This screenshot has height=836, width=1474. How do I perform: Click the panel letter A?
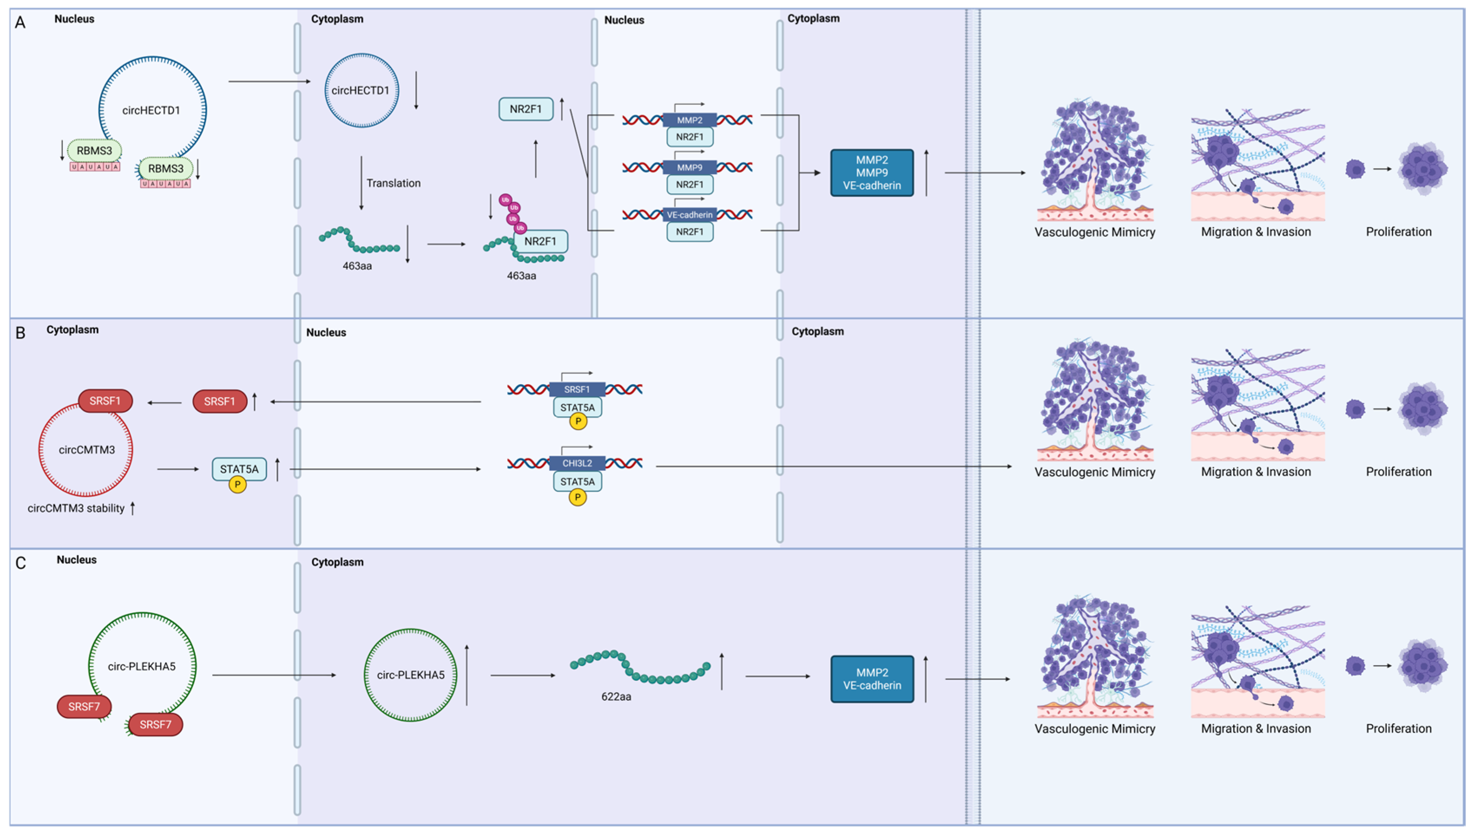click(x=20, y=23)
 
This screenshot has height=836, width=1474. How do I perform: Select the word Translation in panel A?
click(x=394, y=183)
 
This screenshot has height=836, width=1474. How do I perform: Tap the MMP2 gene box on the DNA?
click(x=689, y=120)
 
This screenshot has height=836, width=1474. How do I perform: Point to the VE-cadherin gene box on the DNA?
click(x=689, y=215)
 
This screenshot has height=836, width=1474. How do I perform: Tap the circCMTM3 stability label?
click(x=76, y=508)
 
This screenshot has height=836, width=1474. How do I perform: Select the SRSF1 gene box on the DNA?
click(x=577, y=389)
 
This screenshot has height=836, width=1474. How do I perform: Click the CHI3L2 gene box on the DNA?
click(x=577, y=463)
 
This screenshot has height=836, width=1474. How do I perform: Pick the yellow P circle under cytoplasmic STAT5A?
click(x=237, y=485)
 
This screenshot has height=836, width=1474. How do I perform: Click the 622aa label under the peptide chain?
click(x=616, y=696)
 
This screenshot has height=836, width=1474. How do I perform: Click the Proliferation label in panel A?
click(x=1399, y=232)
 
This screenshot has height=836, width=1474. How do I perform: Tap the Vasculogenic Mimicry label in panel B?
click(x=1095, y=472)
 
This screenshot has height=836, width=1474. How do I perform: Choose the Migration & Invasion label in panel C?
click(x=1256, y=728)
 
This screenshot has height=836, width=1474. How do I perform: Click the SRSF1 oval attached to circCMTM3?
click(x=105, y=401)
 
